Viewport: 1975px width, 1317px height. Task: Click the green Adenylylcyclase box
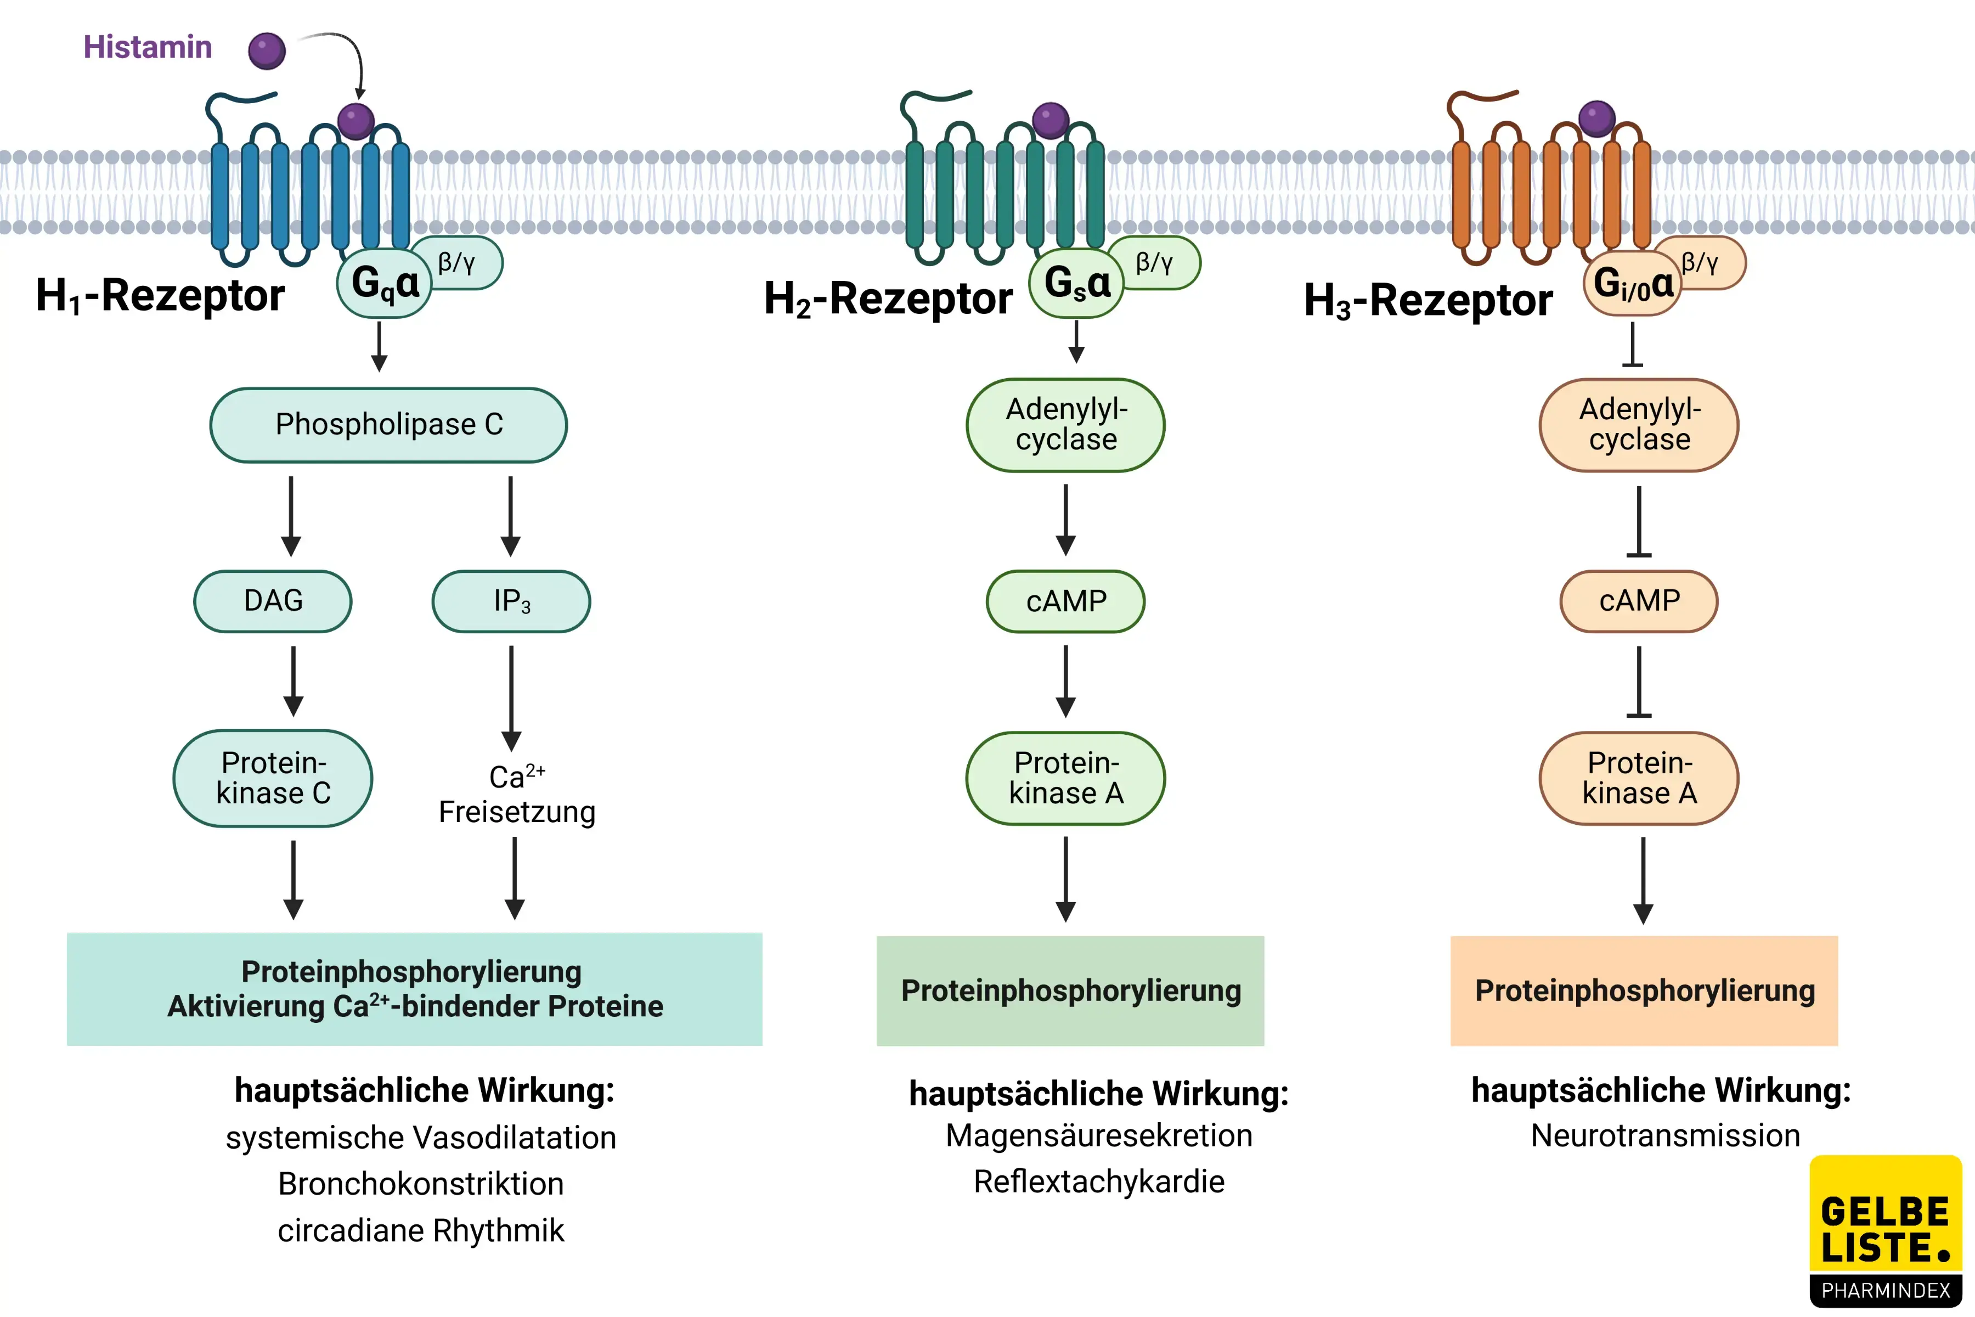click(1065, 425)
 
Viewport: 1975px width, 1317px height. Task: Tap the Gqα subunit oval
click(383, 284)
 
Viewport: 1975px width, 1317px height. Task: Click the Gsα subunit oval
click(1076, 284)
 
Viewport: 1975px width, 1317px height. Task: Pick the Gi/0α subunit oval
click(1632, 284)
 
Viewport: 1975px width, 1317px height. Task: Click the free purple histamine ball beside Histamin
click(267, 51)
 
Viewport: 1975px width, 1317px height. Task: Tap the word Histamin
click(148, 47)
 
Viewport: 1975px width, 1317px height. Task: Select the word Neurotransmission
click(1665, 1135)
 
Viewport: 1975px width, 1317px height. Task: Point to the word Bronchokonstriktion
click(421, 1184)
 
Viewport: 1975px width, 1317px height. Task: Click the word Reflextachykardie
click(1098, 1182)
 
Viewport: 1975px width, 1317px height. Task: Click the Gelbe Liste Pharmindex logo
click(1885, 1230)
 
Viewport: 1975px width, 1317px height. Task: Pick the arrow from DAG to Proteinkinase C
click(293, 680)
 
